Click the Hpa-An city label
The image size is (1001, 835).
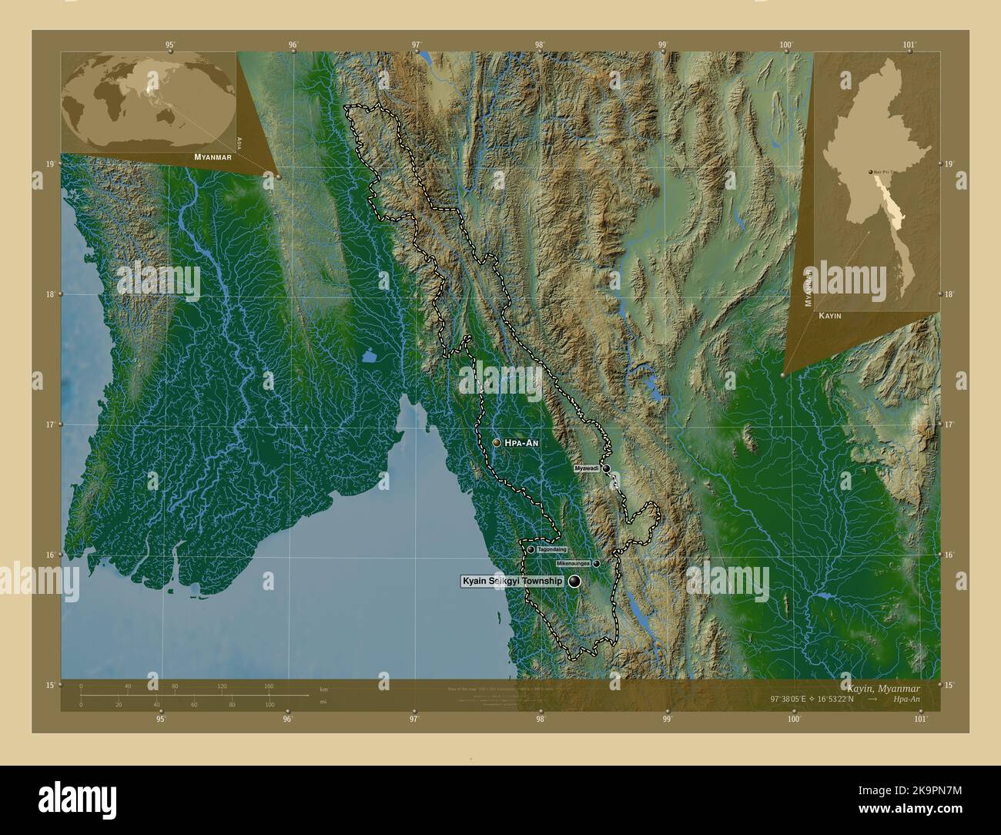click(521, 443)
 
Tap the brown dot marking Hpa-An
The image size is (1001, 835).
click(497, 443)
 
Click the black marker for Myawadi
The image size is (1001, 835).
click(607, 468)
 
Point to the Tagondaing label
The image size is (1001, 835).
click(552, 549)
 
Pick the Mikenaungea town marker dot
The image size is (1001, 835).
click(596, 564)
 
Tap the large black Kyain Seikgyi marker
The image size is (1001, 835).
click(574, 582)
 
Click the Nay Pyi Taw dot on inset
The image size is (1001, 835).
click(870, 172)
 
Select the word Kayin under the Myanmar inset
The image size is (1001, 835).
click(829, 317)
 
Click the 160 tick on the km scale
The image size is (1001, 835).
click(269, 686)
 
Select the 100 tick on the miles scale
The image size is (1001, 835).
click(269, 705)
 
